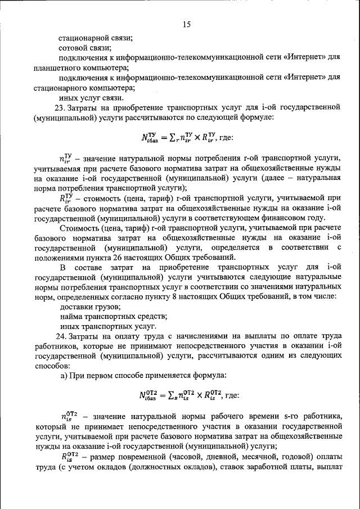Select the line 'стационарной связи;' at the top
click(x=96, y=38)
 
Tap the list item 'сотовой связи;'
click(x=85, y=48)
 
